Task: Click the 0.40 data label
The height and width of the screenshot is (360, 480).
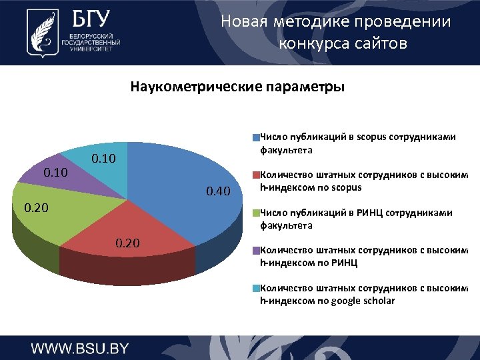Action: tap(218, 193)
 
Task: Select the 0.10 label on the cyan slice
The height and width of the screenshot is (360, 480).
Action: tap(103, 159)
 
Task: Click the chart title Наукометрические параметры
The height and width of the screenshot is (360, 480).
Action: tap(237, 87)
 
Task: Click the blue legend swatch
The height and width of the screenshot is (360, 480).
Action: tap(255, 138)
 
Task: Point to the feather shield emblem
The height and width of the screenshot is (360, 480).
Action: tap(39, 31)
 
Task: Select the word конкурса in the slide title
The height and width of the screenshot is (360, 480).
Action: tap(309, 44)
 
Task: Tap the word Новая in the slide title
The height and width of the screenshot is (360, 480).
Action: tap(243, 22)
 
